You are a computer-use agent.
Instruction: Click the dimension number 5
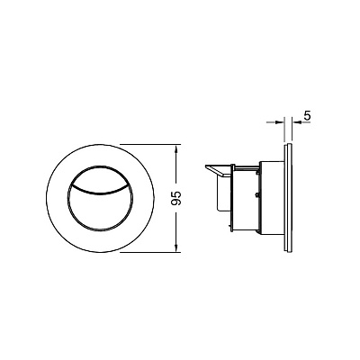tap(307, 116)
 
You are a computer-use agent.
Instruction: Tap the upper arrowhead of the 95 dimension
tap(176, 149)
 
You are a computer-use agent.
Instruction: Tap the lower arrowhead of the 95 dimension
tap(176, 247)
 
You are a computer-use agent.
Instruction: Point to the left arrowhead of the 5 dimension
tap(280, 122)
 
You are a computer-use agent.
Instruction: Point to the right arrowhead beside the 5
tap(296, 122)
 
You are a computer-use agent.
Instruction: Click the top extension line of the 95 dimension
tap(151, 145)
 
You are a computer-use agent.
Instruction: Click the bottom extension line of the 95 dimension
tap(151, 252)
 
